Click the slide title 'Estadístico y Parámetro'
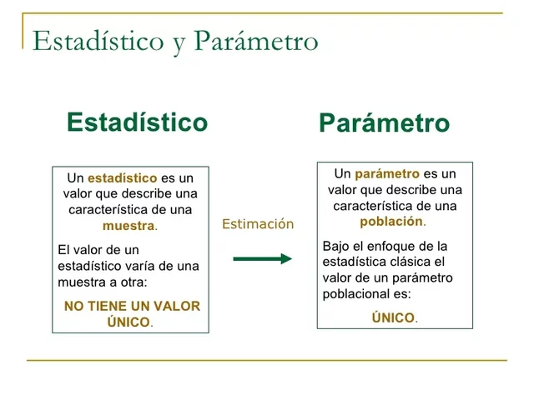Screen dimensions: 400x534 point(175,41)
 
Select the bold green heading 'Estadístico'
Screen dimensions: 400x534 point(137,122)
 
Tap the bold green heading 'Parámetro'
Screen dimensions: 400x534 point(384,124)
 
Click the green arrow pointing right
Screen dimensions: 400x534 point(262,258)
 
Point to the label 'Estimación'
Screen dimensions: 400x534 point(258,223)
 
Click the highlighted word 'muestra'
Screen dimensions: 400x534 point(128,226)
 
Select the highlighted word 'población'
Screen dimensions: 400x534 point(391,222)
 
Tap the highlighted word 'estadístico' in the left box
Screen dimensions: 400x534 point(122,178)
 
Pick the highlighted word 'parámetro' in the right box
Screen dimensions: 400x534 point(386,174)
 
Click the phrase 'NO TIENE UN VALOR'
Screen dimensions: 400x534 point(132,306)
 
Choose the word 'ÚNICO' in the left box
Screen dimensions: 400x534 point(128,322)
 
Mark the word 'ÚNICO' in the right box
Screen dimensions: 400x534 point(393,317)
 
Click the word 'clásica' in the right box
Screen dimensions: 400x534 point(410,262)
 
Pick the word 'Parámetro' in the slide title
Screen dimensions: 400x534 point(256,41)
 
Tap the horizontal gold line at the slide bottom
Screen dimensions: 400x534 point(267,360)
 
